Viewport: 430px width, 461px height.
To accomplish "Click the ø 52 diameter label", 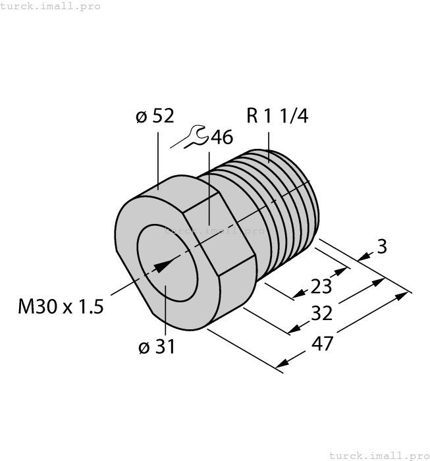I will pyautogui.click(x=155, y=117).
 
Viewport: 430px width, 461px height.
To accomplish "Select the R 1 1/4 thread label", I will pyautogui.click(x=277, y=116).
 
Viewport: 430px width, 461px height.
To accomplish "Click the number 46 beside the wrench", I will pyautogui.click(x=221, y=138).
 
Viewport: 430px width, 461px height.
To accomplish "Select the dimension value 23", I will pyautogui.click(x=320, y=287).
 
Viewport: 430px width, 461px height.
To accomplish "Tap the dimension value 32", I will pyautogui.click(x=321, y=314).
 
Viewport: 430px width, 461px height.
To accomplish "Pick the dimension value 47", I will pyautogui.click(x=320, y=343).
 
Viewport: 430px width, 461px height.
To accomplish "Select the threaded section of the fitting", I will pyautogui.click(x=277, y=198).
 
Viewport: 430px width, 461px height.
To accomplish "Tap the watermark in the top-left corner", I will pyautogui.click(x=51, y=6).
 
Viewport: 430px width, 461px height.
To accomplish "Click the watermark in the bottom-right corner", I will pyautogui.click(x=378, y=455).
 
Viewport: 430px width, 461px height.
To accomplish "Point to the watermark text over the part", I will pyautogui.click(x=215, y=231).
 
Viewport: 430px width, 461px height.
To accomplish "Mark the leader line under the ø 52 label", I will pyautogui.click(x=158, y=158).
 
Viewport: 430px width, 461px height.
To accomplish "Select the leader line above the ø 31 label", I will pyautogui.click(x=165, y=310).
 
